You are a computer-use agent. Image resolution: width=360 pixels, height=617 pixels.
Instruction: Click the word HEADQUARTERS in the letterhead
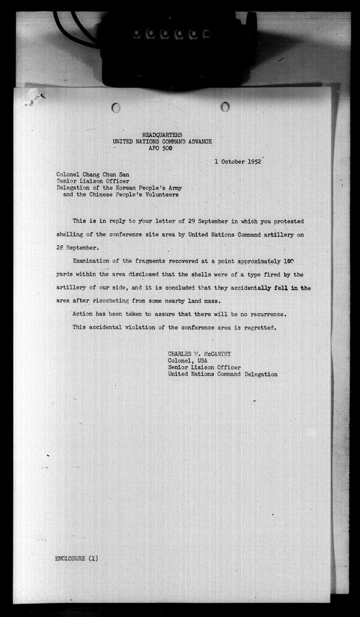pyautogui.click(x=162, y=135)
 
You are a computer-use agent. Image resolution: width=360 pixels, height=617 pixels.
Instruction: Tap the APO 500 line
pyautogui.click(x=162, y=148)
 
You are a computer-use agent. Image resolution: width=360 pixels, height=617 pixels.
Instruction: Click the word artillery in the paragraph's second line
pyautogui.click(x=275, y=234)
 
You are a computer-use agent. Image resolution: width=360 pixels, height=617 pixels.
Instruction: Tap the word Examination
pyautogui.click(x=93, y=260)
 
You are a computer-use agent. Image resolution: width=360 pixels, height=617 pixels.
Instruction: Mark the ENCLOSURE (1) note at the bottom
pyautogui.click(x=76, y=558)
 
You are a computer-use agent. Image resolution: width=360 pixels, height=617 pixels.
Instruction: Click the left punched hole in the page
pyautogui.click(x=116, y=107)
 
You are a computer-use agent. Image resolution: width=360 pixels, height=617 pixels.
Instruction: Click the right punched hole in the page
pyautogui.click(x=225, y=106)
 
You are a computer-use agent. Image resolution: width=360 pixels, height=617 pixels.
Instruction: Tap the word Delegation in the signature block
pyautogui.click(x=261, y=374)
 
